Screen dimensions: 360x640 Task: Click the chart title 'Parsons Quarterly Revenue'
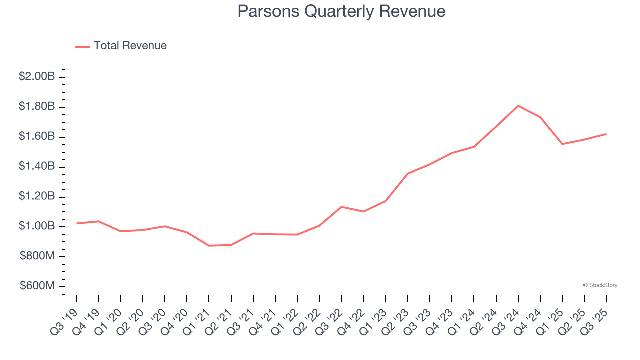point(341,11)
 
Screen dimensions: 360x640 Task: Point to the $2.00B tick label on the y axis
point(37,76)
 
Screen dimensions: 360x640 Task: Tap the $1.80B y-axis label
point(37,106)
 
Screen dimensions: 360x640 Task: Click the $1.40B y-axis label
point(37,166)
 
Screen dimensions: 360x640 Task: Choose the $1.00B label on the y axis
point(37,226)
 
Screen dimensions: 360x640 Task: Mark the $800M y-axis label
point(37,256)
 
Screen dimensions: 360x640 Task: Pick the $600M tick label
point(37,286)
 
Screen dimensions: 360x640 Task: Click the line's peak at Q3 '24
point(518,106)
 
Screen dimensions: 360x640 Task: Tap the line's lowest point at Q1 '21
point(209,246)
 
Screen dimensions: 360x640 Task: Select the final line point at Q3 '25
point(606,134)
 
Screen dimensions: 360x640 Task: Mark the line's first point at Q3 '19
point(76,223)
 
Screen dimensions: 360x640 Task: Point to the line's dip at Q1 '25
point(562,144)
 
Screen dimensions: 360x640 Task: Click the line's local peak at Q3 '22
point(341,207)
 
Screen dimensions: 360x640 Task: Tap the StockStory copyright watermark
point(600,285)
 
